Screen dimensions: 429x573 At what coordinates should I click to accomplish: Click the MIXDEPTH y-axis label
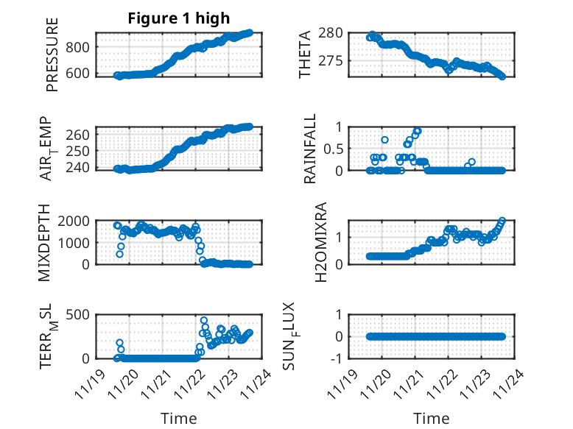tap(52, 242)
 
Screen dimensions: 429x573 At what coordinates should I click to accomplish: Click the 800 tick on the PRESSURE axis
tap(79, 47)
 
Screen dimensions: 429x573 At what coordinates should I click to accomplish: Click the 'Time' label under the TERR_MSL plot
tap(179, 419)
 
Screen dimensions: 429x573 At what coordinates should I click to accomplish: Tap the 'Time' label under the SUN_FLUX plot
tap(432, 419)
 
